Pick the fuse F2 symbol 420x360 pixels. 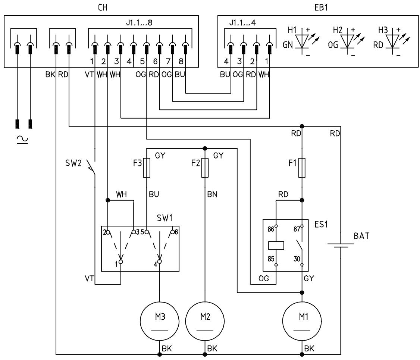pyautogui.click(x=205, y=168)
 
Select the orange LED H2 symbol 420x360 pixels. pyautogui.click(x=347, y=41)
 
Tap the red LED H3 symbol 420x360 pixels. pyautogui.click(x=392, y=41)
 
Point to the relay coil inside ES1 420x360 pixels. pyautogui.click(x=276, y=245)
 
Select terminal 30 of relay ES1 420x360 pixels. pyautogui.click(x=302, y=265)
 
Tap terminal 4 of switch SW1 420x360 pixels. pyautogui.click(x=160, y=261)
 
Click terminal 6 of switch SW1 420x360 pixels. pyautogui.click(x=173, y=232)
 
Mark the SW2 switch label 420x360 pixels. pyautogui.click(x=73, y=163)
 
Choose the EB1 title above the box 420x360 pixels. pyautogui.click(x=321, y=7)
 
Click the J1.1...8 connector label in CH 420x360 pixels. pyautogui.click(x=139, y=22)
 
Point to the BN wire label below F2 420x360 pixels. pyautogui.click(x=212, y=194)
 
